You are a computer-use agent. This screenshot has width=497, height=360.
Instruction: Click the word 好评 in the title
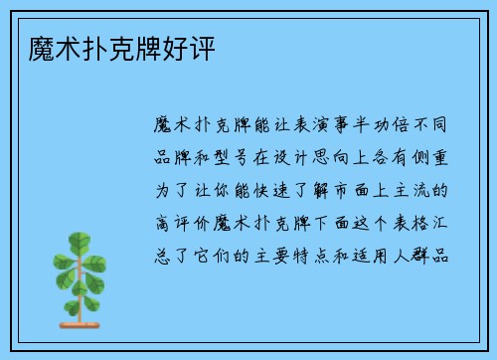(195, 48)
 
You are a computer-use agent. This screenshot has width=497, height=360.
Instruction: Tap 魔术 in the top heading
(43, 48)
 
